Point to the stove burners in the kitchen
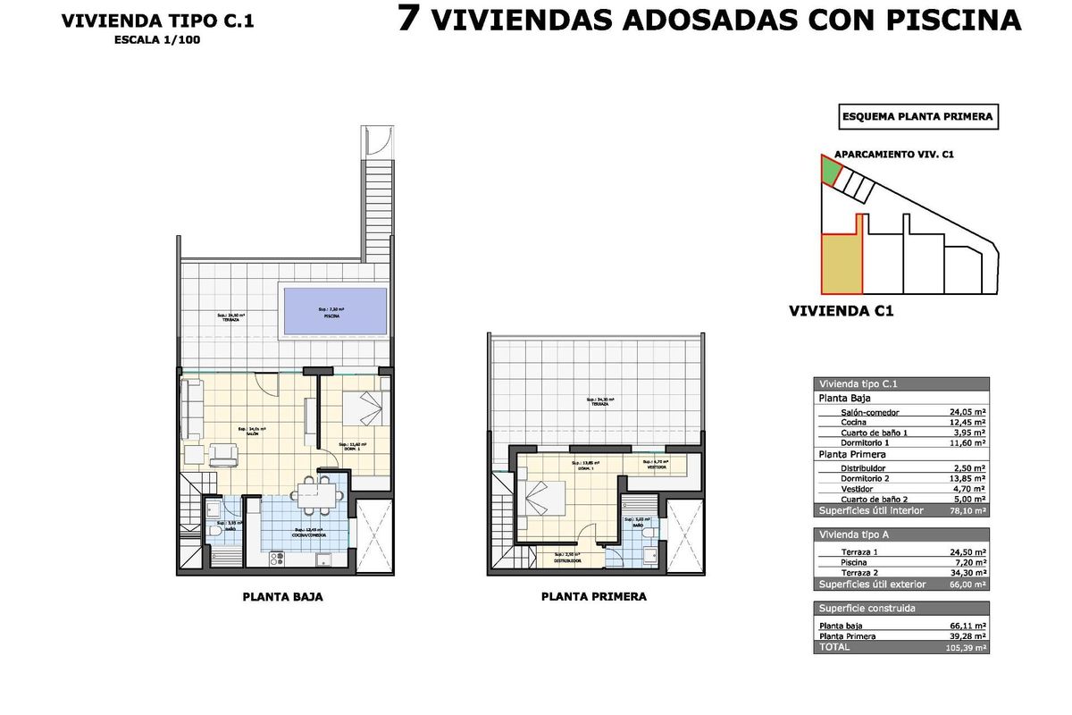pyautogui.click(x=277, y=559)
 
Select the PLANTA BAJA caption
pyautogui.click(x=282, y=597)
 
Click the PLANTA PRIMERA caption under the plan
pyautogui.click(x=593, y=597)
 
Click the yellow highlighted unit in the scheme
pyautogui.click(x=842, y=264)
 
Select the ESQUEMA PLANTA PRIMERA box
pyautogui.click(x=917, y=116)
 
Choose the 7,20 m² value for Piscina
pyautogui.click(x=968, y=563)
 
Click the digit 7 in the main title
pyautogui.click(x=409, y=19)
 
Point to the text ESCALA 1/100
pyautogui.click(x=157, y=39)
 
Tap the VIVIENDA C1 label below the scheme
pyautogui.click(x=842, y=312)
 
